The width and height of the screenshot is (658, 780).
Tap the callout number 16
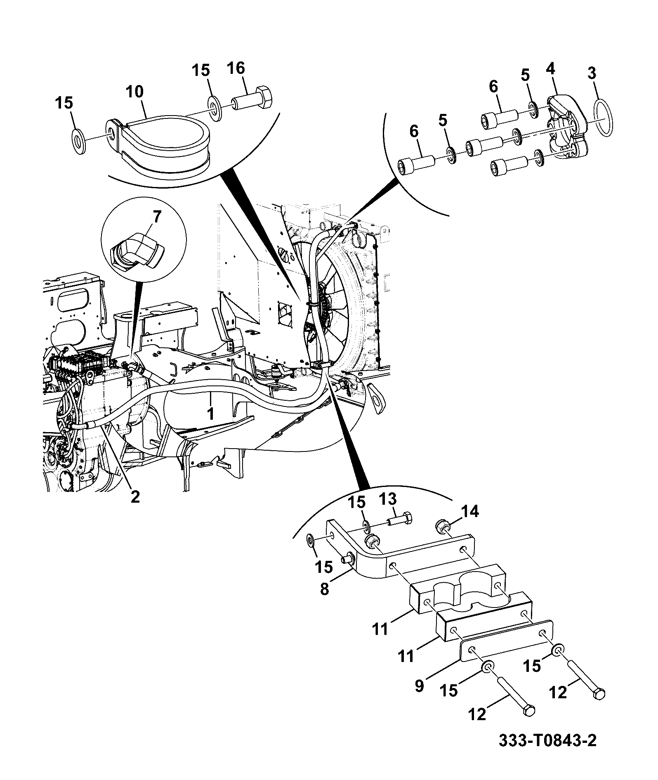(x=236, y=69)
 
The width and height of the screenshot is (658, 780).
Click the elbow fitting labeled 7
(x=138, y=252)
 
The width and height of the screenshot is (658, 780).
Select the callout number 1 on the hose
(x=210, y=414)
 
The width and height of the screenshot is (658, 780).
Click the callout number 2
(x=135, y=497)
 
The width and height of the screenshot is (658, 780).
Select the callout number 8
(x=325, y=589)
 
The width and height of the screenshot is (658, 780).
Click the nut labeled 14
(x=442, y=527)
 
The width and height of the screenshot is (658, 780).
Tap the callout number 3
(x=592, y=74)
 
